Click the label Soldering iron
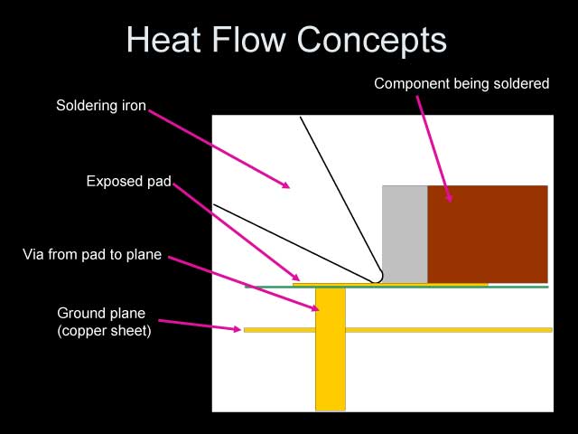pos(100,105)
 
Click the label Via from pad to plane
pos(92,255)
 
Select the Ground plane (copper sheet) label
pos(104,322)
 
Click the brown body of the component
pos(488,233)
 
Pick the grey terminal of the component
pos(405,233)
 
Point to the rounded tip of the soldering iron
pos(378,275)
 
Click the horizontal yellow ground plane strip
pos(433,330)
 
